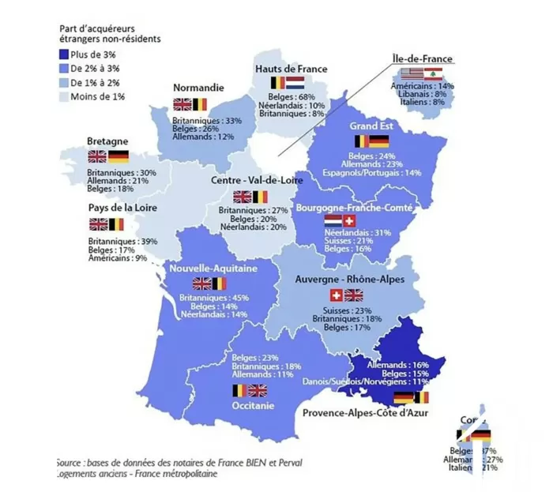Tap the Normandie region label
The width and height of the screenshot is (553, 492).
pyautogui.click(x=197, y=88)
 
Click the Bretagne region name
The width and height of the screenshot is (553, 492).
pyautogui.click(x=107, y=141)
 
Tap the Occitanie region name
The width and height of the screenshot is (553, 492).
pyautogui.click(x=254, y=406)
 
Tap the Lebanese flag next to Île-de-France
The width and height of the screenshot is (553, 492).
pyautogui.click(x=431, y=75)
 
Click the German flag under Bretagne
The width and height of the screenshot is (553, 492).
pyautogui.click(x=118, y=156)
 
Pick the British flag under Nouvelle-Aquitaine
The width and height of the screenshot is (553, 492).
pyautogui.click(x=202, y=283)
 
